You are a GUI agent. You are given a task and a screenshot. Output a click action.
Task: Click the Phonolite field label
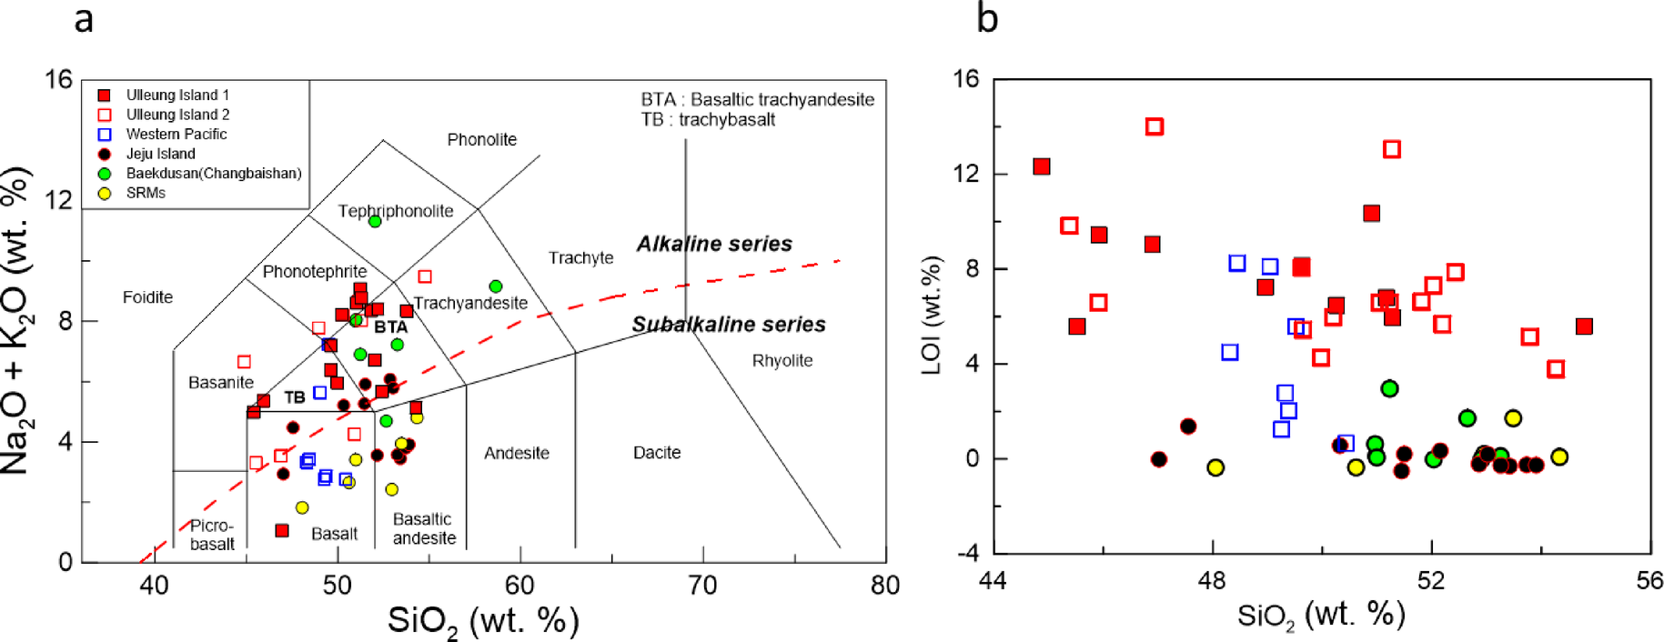(481, 139)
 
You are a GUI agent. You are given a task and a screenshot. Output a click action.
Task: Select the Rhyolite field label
(782, 360)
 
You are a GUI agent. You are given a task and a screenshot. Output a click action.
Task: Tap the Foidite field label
(147, 296)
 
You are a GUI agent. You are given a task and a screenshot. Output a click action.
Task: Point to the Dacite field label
(656, 452)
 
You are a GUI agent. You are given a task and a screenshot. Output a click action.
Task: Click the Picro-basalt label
(212, 535)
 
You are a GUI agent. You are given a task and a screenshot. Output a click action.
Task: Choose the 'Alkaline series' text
(713, 244)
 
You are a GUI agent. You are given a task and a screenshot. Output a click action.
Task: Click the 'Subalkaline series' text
(728, 325)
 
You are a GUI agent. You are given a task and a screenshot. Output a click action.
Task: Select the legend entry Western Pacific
(176, 134)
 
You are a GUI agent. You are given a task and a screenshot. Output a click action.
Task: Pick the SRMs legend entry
(146, 193)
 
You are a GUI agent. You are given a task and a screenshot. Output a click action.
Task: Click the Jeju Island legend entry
(160, 154)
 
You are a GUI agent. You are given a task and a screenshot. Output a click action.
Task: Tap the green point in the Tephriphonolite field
(374, 221)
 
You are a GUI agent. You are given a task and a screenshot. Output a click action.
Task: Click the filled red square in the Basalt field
(282, 530)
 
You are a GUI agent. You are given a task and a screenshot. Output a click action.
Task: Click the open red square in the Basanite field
(244, 362)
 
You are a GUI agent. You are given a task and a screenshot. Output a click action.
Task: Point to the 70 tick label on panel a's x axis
(702, 586)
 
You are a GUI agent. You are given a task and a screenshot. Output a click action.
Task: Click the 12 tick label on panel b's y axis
(965, 174)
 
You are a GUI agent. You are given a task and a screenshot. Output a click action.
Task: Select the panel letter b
(987, 18)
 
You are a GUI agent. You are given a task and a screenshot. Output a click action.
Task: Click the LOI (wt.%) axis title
(931, 315)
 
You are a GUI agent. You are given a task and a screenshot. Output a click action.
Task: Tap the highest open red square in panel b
(1155, 126)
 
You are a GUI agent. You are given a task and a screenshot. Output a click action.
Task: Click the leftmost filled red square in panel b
(1042, 166)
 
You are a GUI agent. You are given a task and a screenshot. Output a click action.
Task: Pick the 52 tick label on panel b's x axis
(1431, 580)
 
